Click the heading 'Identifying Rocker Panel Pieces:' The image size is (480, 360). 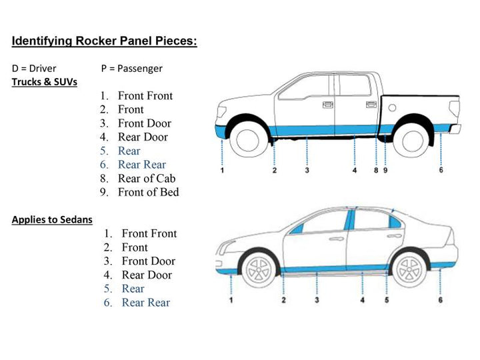[x=105, y=41]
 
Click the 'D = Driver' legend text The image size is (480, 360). [x=34, y=68]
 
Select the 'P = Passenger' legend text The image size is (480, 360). [x=131, y=68]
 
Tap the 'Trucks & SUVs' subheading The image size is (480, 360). [x=44, y=82]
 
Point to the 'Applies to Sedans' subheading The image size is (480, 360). [x=52, y=219]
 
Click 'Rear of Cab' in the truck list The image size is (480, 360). [x=147, y=178]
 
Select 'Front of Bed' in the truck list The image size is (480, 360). [x=148, y=192]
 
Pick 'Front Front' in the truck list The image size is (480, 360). [x=145, y=95]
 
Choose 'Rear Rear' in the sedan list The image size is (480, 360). [x=145, y=303]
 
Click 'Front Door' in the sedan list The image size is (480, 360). [x=148, y=261]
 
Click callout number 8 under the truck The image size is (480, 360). [x=376, y=171]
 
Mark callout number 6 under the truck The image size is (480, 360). [x=441, y=170]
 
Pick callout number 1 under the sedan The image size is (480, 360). [x=231, y=301]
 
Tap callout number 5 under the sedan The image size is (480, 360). [x=387, y=301]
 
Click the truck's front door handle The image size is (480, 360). [x=327, y=105]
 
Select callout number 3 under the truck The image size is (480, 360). [x=307, y=171]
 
